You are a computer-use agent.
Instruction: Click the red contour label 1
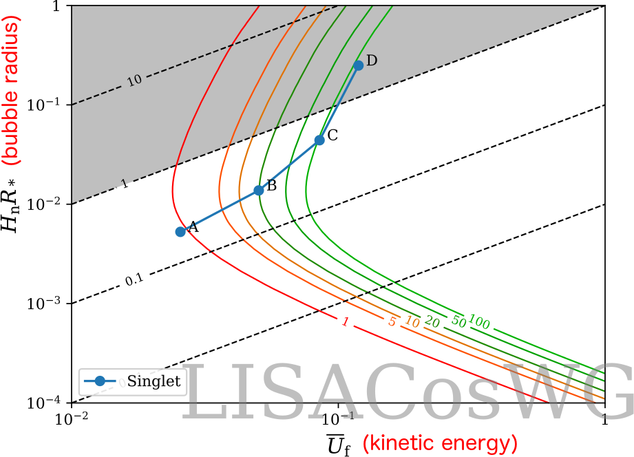[x=345, y=322]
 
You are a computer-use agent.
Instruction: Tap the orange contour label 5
[x=392, y=321]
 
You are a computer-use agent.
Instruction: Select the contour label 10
[x=412, y=321]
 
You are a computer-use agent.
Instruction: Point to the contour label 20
[x=432, y=321]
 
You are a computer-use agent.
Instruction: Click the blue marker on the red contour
[x=180, y=231]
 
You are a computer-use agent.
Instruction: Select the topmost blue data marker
[x=358, y=65]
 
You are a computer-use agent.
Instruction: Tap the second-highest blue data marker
[x=319, y=140]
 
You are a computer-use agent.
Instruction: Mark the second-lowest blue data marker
[x=259, y=190]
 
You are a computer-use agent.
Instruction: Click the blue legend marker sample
[x=100, y=381]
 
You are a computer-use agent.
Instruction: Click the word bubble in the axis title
[x=12, y=127]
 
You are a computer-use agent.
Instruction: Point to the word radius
[x=12, y=51]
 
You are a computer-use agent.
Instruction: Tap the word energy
[x=480, y=443]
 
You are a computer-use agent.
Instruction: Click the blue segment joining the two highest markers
[x=339, y=103]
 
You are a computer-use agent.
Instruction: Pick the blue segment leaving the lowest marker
[x=220, y=211]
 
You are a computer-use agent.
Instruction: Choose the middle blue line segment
[x=289, y=165]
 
